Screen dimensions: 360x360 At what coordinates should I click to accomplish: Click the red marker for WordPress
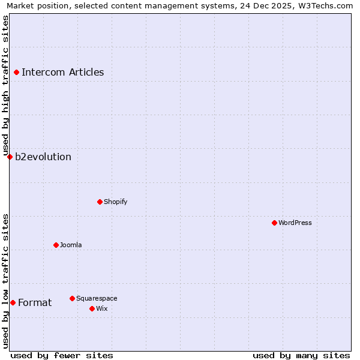274,223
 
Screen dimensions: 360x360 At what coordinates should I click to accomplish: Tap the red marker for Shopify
100,202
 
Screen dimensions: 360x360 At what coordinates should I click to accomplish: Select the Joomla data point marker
56,245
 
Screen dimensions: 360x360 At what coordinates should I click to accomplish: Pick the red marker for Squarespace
72,298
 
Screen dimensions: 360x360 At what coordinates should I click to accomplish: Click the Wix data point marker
92,308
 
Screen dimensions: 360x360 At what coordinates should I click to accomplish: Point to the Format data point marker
13,302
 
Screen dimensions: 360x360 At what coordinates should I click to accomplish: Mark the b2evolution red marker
10,157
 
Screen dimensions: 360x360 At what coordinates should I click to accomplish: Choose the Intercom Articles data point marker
16,72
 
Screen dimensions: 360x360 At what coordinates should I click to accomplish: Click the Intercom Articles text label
62,73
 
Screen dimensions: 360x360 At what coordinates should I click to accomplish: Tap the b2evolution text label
43,157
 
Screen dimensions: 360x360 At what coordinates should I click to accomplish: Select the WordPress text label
295,223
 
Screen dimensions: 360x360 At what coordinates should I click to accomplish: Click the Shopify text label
115,202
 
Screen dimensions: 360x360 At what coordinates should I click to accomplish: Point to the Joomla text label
71,245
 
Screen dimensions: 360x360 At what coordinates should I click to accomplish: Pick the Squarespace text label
97,298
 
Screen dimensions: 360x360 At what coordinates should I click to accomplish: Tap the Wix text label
102,308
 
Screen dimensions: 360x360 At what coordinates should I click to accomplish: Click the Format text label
35,303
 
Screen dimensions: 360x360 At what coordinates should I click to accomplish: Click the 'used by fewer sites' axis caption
62,355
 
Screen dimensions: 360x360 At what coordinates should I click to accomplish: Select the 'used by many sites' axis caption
301,355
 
